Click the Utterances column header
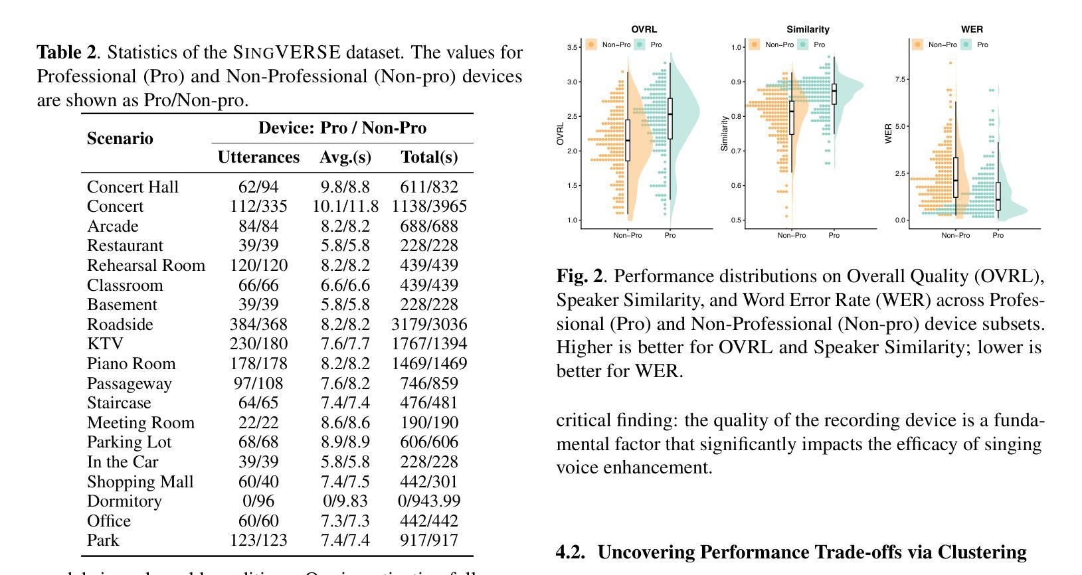tap(258, 157)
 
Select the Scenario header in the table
tap(120, 138)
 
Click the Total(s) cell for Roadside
tap(429, 324)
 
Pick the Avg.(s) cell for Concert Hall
tap(345, 187)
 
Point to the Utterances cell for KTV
tap(258, 343)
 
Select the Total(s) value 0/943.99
tap(429, 501)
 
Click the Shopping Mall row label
tap(140, 481)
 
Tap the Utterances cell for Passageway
tap(258, 383)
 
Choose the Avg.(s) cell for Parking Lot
tap(345, 442)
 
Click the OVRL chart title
tap(644, 29)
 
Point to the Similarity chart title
tap(808, 29)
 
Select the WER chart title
tap(972, 29)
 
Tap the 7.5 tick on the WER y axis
tap(900, 79)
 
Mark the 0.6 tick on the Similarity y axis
tap(736, 185)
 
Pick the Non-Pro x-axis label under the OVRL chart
tap(627, 235)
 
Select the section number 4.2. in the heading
tap(571, 552)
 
